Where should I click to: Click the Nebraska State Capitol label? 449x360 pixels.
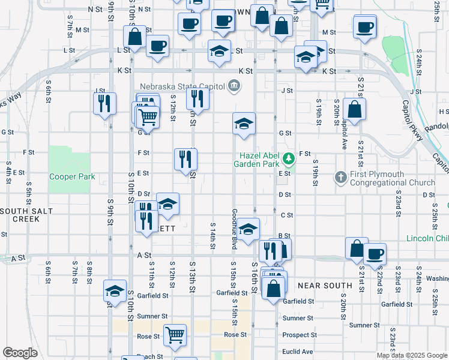183,86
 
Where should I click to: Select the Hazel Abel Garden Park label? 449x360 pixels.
260,159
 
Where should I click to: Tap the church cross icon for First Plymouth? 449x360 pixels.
341,177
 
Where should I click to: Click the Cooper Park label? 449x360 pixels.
72,177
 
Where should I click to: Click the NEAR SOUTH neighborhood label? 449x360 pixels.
324,286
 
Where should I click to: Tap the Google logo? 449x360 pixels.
20,353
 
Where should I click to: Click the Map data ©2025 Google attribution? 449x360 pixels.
412,355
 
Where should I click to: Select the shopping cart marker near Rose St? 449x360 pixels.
175,335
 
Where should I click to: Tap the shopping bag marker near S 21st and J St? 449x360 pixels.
355,110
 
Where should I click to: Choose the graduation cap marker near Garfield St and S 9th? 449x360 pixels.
115,290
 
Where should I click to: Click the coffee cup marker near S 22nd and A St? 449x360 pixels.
375,253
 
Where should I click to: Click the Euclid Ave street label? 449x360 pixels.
298,352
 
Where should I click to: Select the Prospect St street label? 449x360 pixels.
300,335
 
